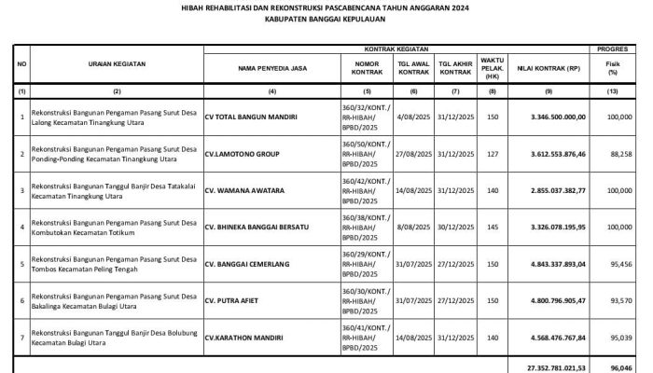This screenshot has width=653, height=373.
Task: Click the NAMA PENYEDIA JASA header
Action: pyautogui.click(x=272, y=68)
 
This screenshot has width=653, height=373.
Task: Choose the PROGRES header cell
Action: pyautogui.click(x=613, y=46)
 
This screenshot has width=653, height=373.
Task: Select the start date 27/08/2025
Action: pyautogui.click(x=413, y=154)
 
